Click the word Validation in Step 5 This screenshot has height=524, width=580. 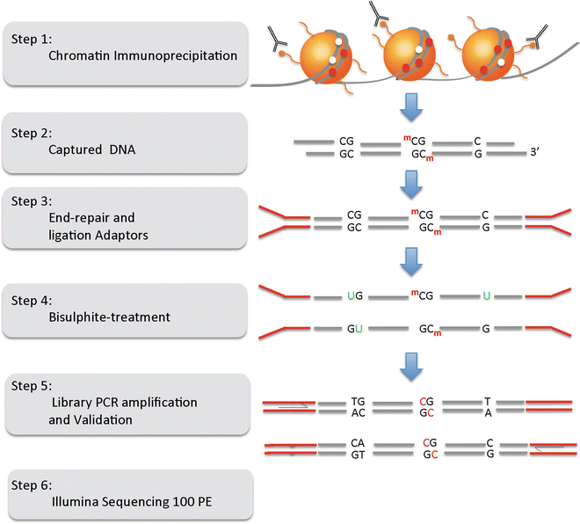point(103,420)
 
